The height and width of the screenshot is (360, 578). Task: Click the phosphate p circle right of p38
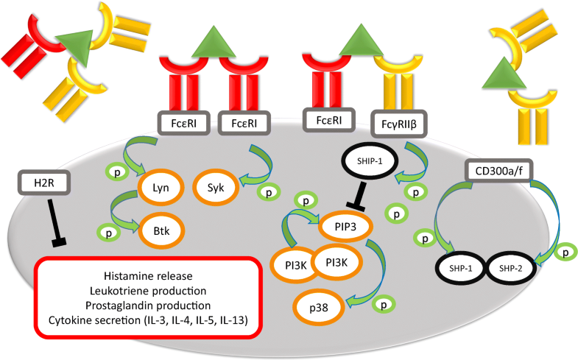pos(381,303)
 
